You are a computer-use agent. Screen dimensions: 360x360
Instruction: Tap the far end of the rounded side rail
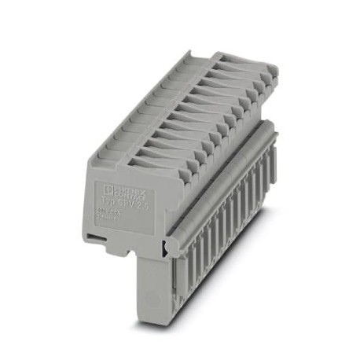pos(271,130)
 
